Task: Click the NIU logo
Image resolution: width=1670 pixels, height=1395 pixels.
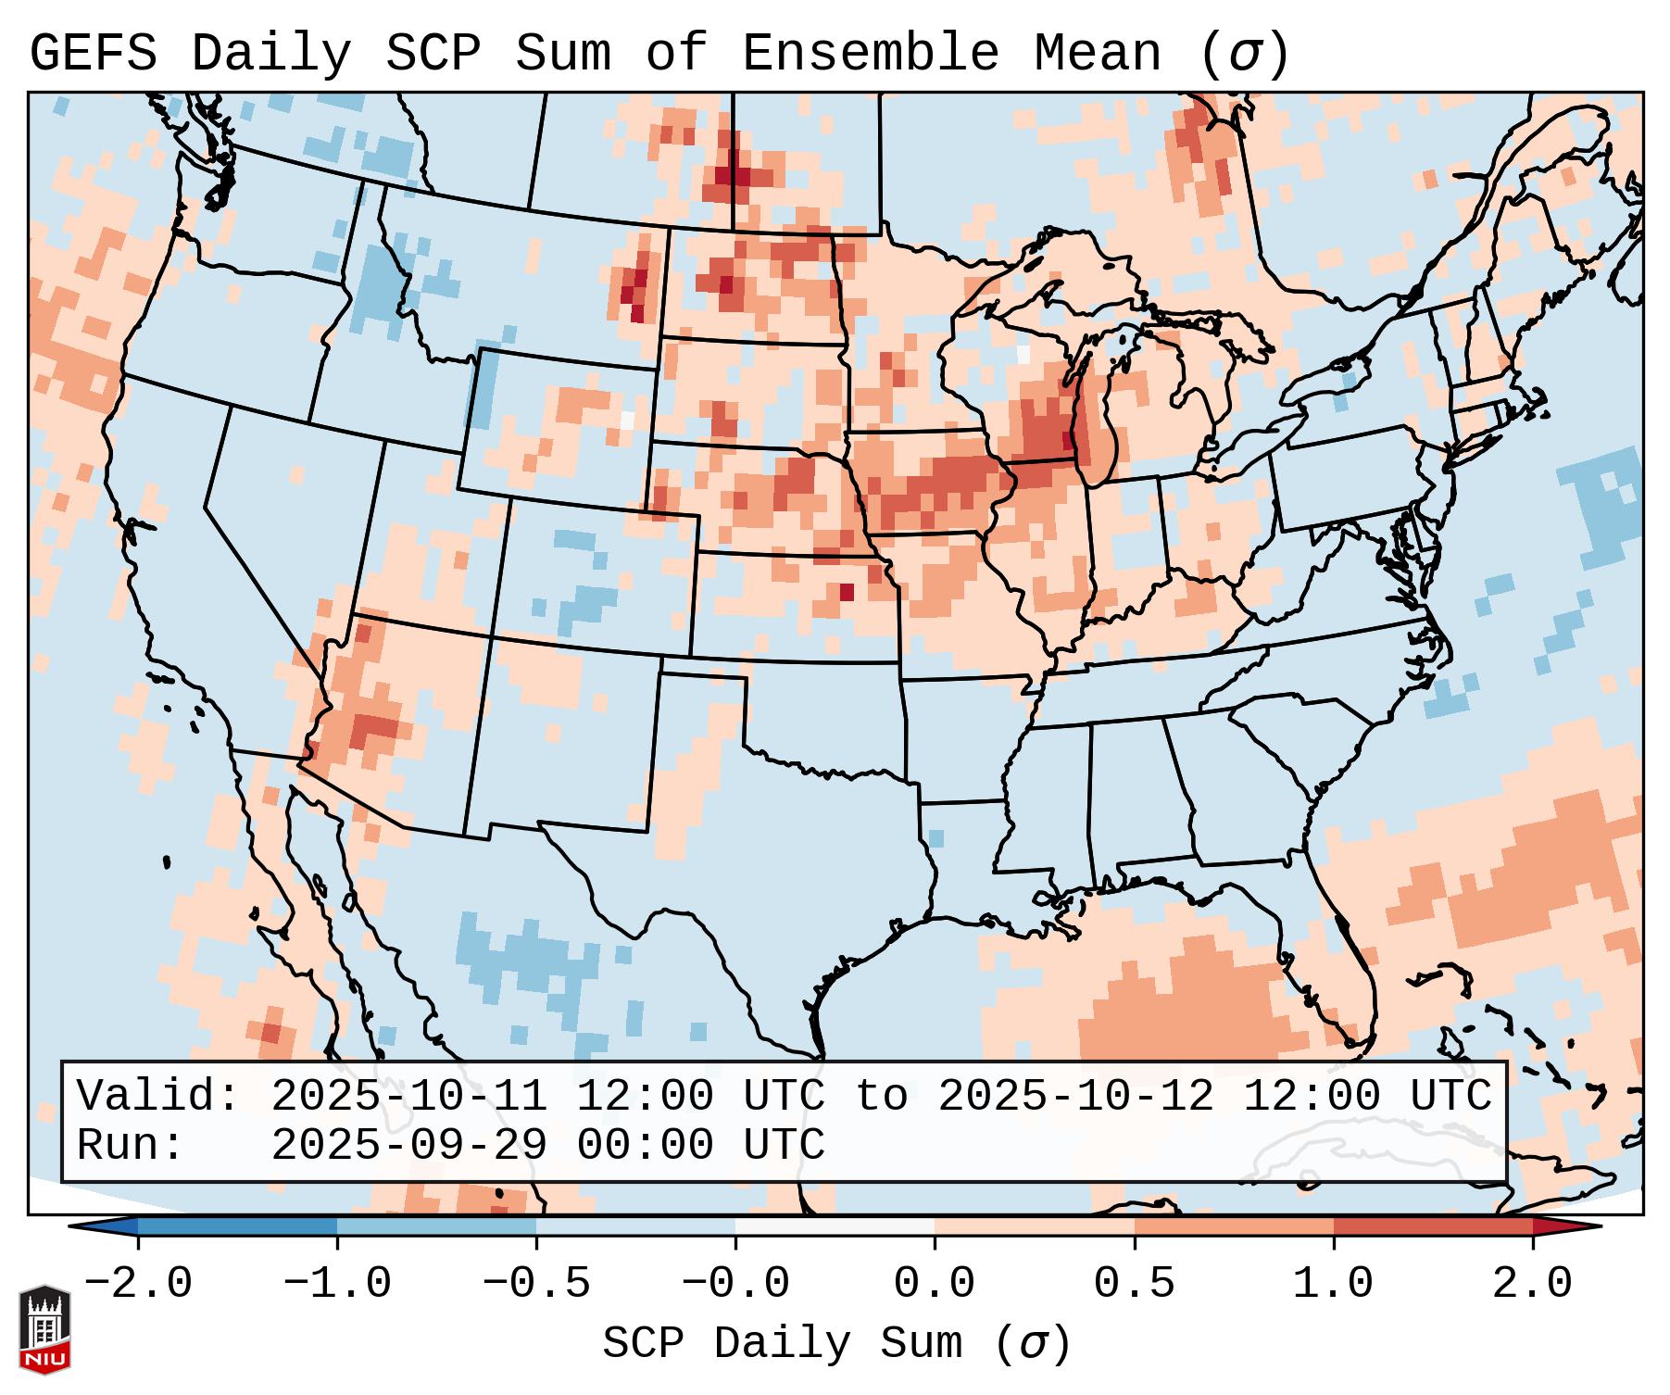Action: tap(44, 1328)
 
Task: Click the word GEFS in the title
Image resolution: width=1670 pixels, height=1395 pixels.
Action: tap(93, 54)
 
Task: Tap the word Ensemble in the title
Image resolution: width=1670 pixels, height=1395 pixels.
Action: tap(871, 54)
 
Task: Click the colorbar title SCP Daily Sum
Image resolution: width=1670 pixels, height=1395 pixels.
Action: tap(783, 1344)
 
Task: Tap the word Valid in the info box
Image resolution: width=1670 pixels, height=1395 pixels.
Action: tap(148, 1097)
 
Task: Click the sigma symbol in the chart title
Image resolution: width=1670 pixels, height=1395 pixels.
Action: tap(1244, 56)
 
